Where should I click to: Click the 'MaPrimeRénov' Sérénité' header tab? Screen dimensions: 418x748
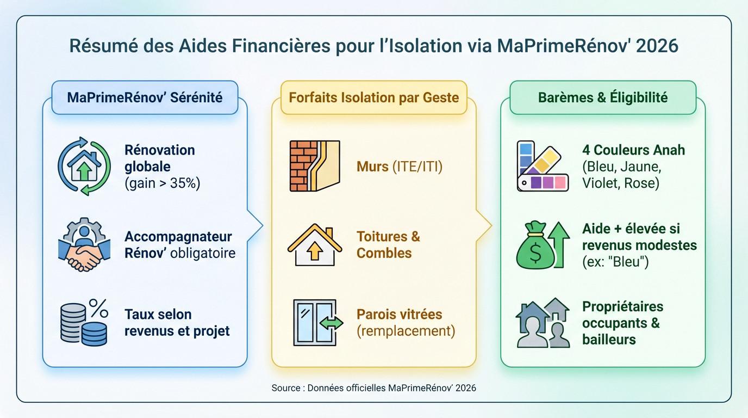point(145,97)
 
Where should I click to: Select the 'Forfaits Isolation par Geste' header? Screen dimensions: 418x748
point(373,97)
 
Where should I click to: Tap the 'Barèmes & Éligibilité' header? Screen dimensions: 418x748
point(603,97)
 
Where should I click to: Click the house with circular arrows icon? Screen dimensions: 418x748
point(84,166)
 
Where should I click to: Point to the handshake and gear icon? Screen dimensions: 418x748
point(84,244)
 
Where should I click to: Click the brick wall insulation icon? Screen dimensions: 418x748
point(314,166)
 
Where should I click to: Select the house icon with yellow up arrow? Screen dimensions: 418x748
point(314,244)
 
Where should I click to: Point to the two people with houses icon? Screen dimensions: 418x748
point(542,322)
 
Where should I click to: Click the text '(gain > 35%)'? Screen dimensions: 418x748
point(162,183)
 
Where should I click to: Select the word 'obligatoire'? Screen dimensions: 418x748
point(203,253)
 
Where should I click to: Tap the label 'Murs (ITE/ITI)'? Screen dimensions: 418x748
point(400,166)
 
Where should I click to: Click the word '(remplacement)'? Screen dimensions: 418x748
point(406,331)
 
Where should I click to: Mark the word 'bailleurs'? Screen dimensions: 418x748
point(609,340)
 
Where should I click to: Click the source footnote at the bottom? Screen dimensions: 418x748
point(373,388)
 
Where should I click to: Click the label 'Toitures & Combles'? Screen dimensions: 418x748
point(388,245)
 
